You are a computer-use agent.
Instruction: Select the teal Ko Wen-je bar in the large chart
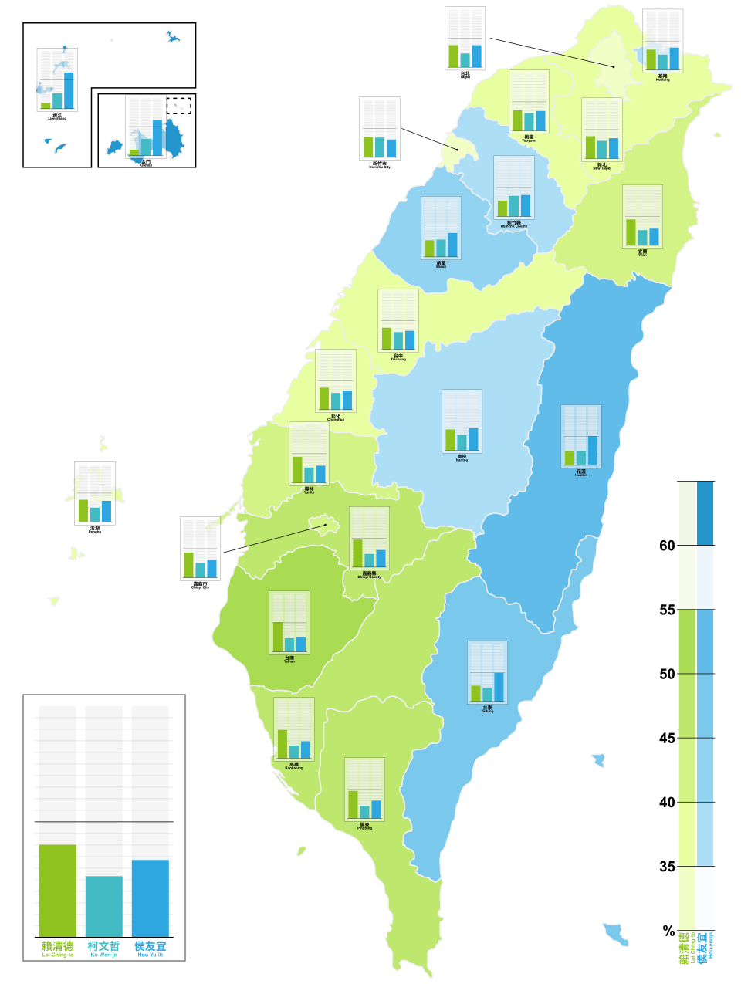coord(104,906)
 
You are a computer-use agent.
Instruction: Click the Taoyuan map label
coord(529,139)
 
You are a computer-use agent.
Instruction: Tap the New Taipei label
coord(601,166)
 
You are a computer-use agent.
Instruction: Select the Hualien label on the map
coord(581,473)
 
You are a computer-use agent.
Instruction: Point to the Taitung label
coord(487,708)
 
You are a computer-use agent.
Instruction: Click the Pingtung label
coord(364,826)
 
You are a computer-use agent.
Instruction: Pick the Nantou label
coord(462,458)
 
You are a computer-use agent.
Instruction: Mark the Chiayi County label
coord(370,575)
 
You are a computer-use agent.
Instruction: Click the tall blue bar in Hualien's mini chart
coord(593,450)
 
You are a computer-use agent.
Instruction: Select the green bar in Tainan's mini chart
coord(278,637)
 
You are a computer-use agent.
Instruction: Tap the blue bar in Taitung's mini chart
coord(499,686)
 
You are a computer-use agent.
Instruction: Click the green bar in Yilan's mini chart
coord(631,232)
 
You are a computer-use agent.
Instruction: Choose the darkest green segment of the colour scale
coord(687,513)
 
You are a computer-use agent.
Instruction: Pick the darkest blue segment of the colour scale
coord(705,513)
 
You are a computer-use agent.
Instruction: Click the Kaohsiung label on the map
coord(294,766)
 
